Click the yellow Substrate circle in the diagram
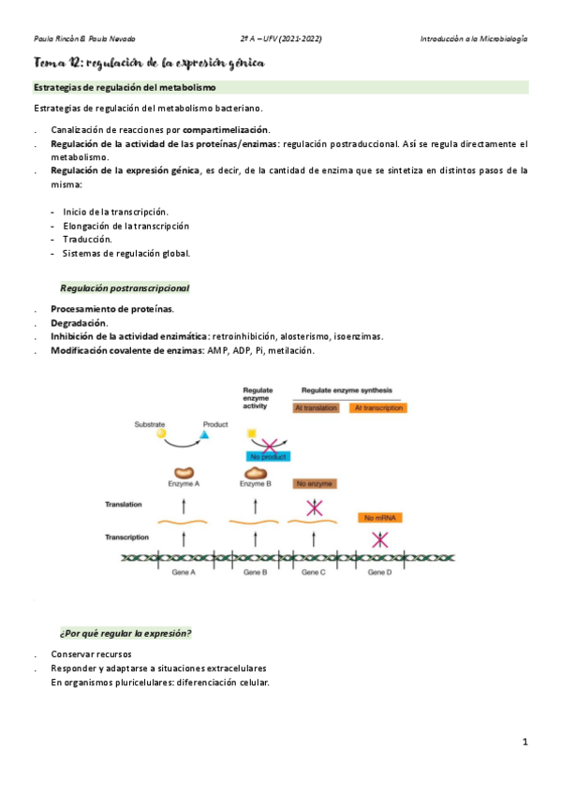(x=162, y=434)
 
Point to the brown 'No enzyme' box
(x=315, y=484)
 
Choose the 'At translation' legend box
(x=316, y=407)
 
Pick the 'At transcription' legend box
(x=376, y=407)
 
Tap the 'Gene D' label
(x=379, y=571)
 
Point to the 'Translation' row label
(x=125, y=504)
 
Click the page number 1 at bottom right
(x=526, y=743)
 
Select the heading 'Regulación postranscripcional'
(x=125, y=288)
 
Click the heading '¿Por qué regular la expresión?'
(x=125, y=634)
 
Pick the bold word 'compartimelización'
(x=226, y=129)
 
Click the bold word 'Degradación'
(x=79, y=323)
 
